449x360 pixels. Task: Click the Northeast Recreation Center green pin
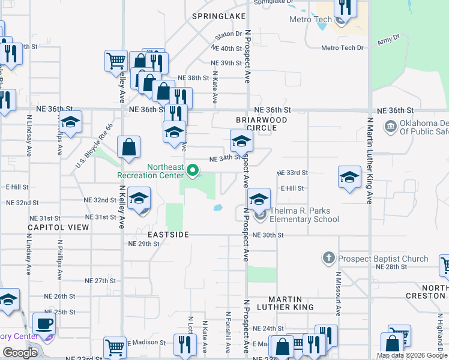193,171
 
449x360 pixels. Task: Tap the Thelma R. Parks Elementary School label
304,215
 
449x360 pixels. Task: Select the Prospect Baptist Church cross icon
328,259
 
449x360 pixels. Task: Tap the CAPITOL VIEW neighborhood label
58,227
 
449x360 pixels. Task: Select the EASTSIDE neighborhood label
169,234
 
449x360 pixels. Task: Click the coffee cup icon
44,324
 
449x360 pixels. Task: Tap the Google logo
20,353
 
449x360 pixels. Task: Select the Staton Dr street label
229,34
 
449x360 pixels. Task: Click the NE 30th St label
268,235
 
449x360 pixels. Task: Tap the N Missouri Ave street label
338,292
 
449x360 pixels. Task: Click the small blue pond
218,208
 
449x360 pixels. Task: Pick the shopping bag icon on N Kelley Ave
129,147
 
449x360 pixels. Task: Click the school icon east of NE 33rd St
349,176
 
